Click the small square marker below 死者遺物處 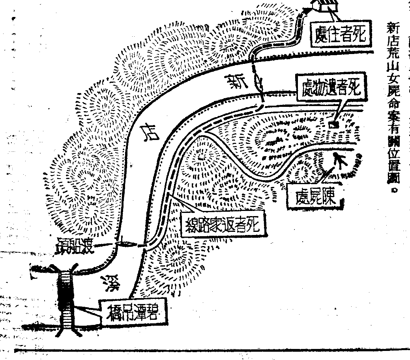point(334,125)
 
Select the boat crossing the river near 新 point(258,83)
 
